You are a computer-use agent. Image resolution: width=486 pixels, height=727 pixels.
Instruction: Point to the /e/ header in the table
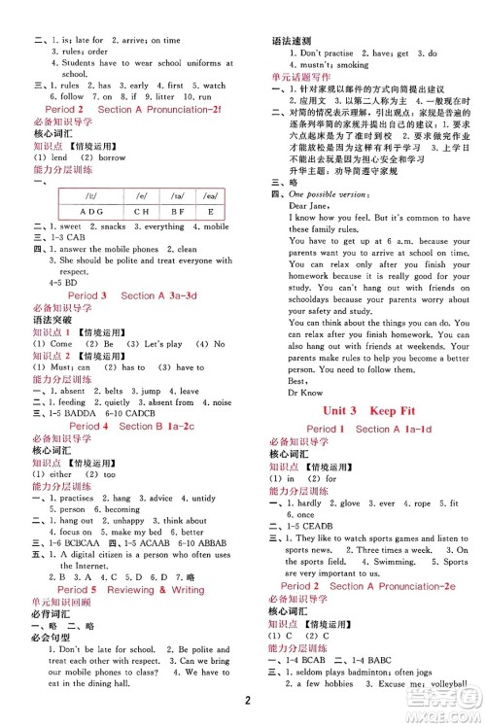pos(142,195)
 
